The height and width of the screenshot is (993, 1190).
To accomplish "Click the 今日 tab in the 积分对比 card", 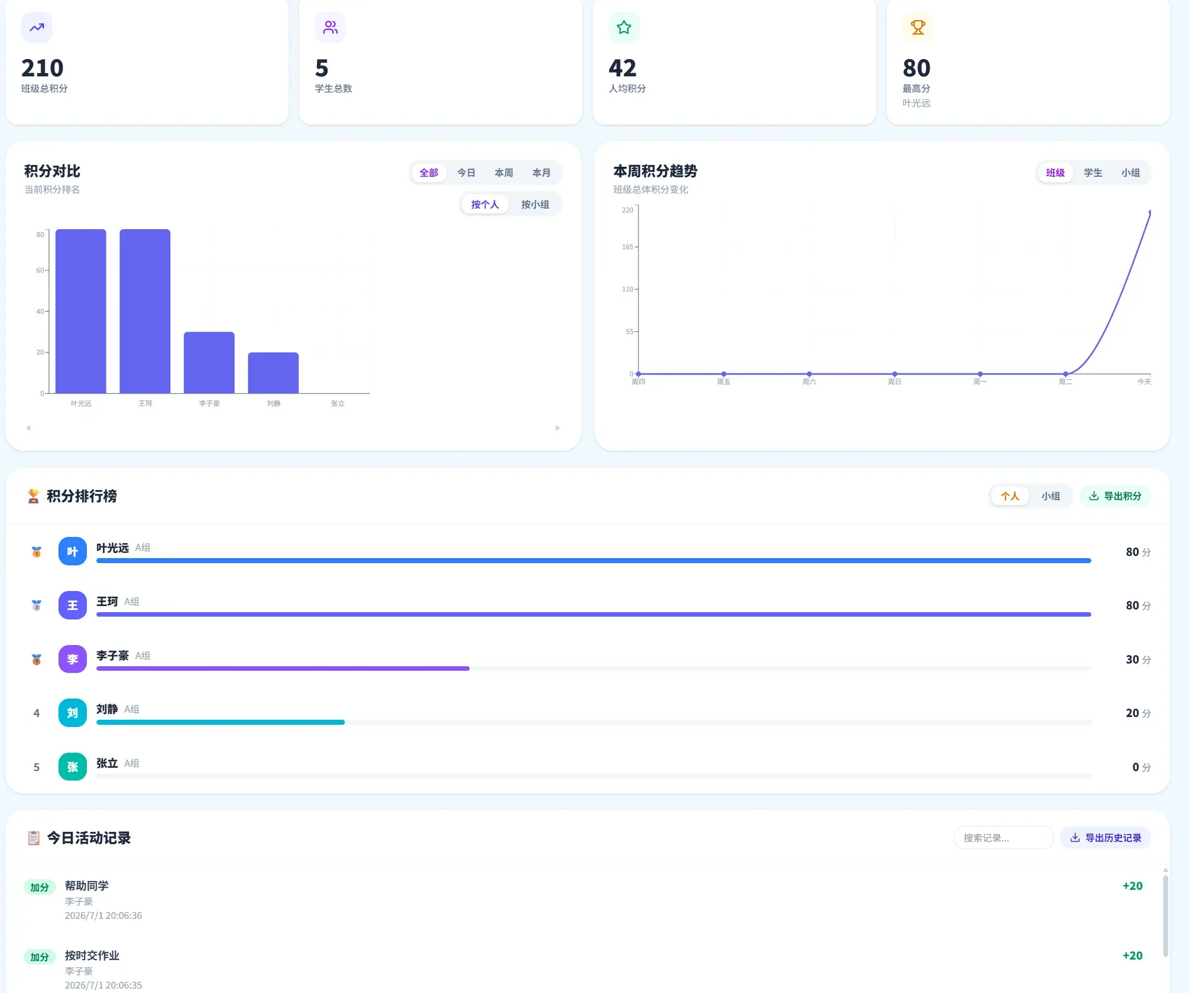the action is (466, 172).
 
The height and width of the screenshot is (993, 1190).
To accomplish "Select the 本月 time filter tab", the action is (541, 172).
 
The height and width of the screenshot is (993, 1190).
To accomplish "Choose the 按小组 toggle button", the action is (535, 204).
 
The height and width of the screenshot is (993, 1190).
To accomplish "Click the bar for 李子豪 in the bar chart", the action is (209, 362).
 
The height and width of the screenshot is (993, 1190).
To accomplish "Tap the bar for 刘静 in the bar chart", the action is (273, 372).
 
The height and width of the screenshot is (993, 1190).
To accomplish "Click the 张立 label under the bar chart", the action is (338, 403).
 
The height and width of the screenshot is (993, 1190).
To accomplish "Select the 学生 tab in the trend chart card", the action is (1093, 172).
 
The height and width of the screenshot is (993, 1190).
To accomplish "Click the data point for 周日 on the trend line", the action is (895, 374).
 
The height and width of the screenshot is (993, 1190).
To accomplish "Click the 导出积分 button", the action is (1115, 496).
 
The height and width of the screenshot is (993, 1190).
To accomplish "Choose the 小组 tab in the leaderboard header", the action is (1050, 496).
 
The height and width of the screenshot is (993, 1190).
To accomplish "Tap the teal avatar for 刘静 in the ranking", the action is (72, 713).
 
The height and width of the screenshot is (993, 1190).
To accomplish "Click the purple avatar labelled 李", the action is (72, 659).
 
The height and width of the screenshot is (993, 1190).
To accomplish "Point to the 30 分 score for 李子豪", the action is (1138, 660).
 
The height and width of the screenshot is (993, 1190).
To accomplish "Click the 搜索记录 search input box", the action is (1003, 837).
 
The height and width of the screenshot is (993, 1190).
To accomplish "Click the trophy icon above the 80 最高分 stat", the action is (918, 27).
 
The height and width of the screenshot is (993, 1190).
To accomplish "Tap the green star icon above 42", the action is (624, 27).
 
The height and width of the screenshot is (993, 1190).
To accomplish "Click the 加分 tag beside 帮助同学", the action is (40, 887).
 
